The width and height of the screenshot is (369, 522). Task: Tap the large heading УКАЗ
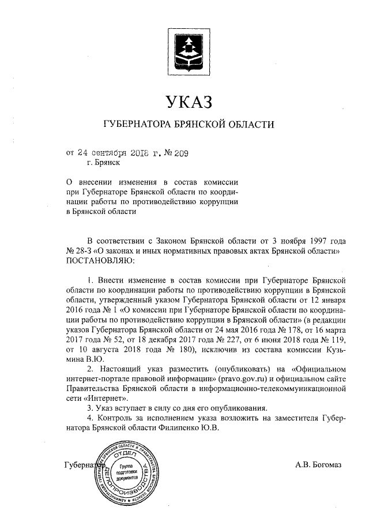[189, 103]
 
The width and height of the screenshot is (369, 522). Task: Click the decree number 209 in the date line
[179, 153]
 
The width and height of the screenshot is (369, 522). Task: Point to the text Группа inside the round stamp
[129, 465]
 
